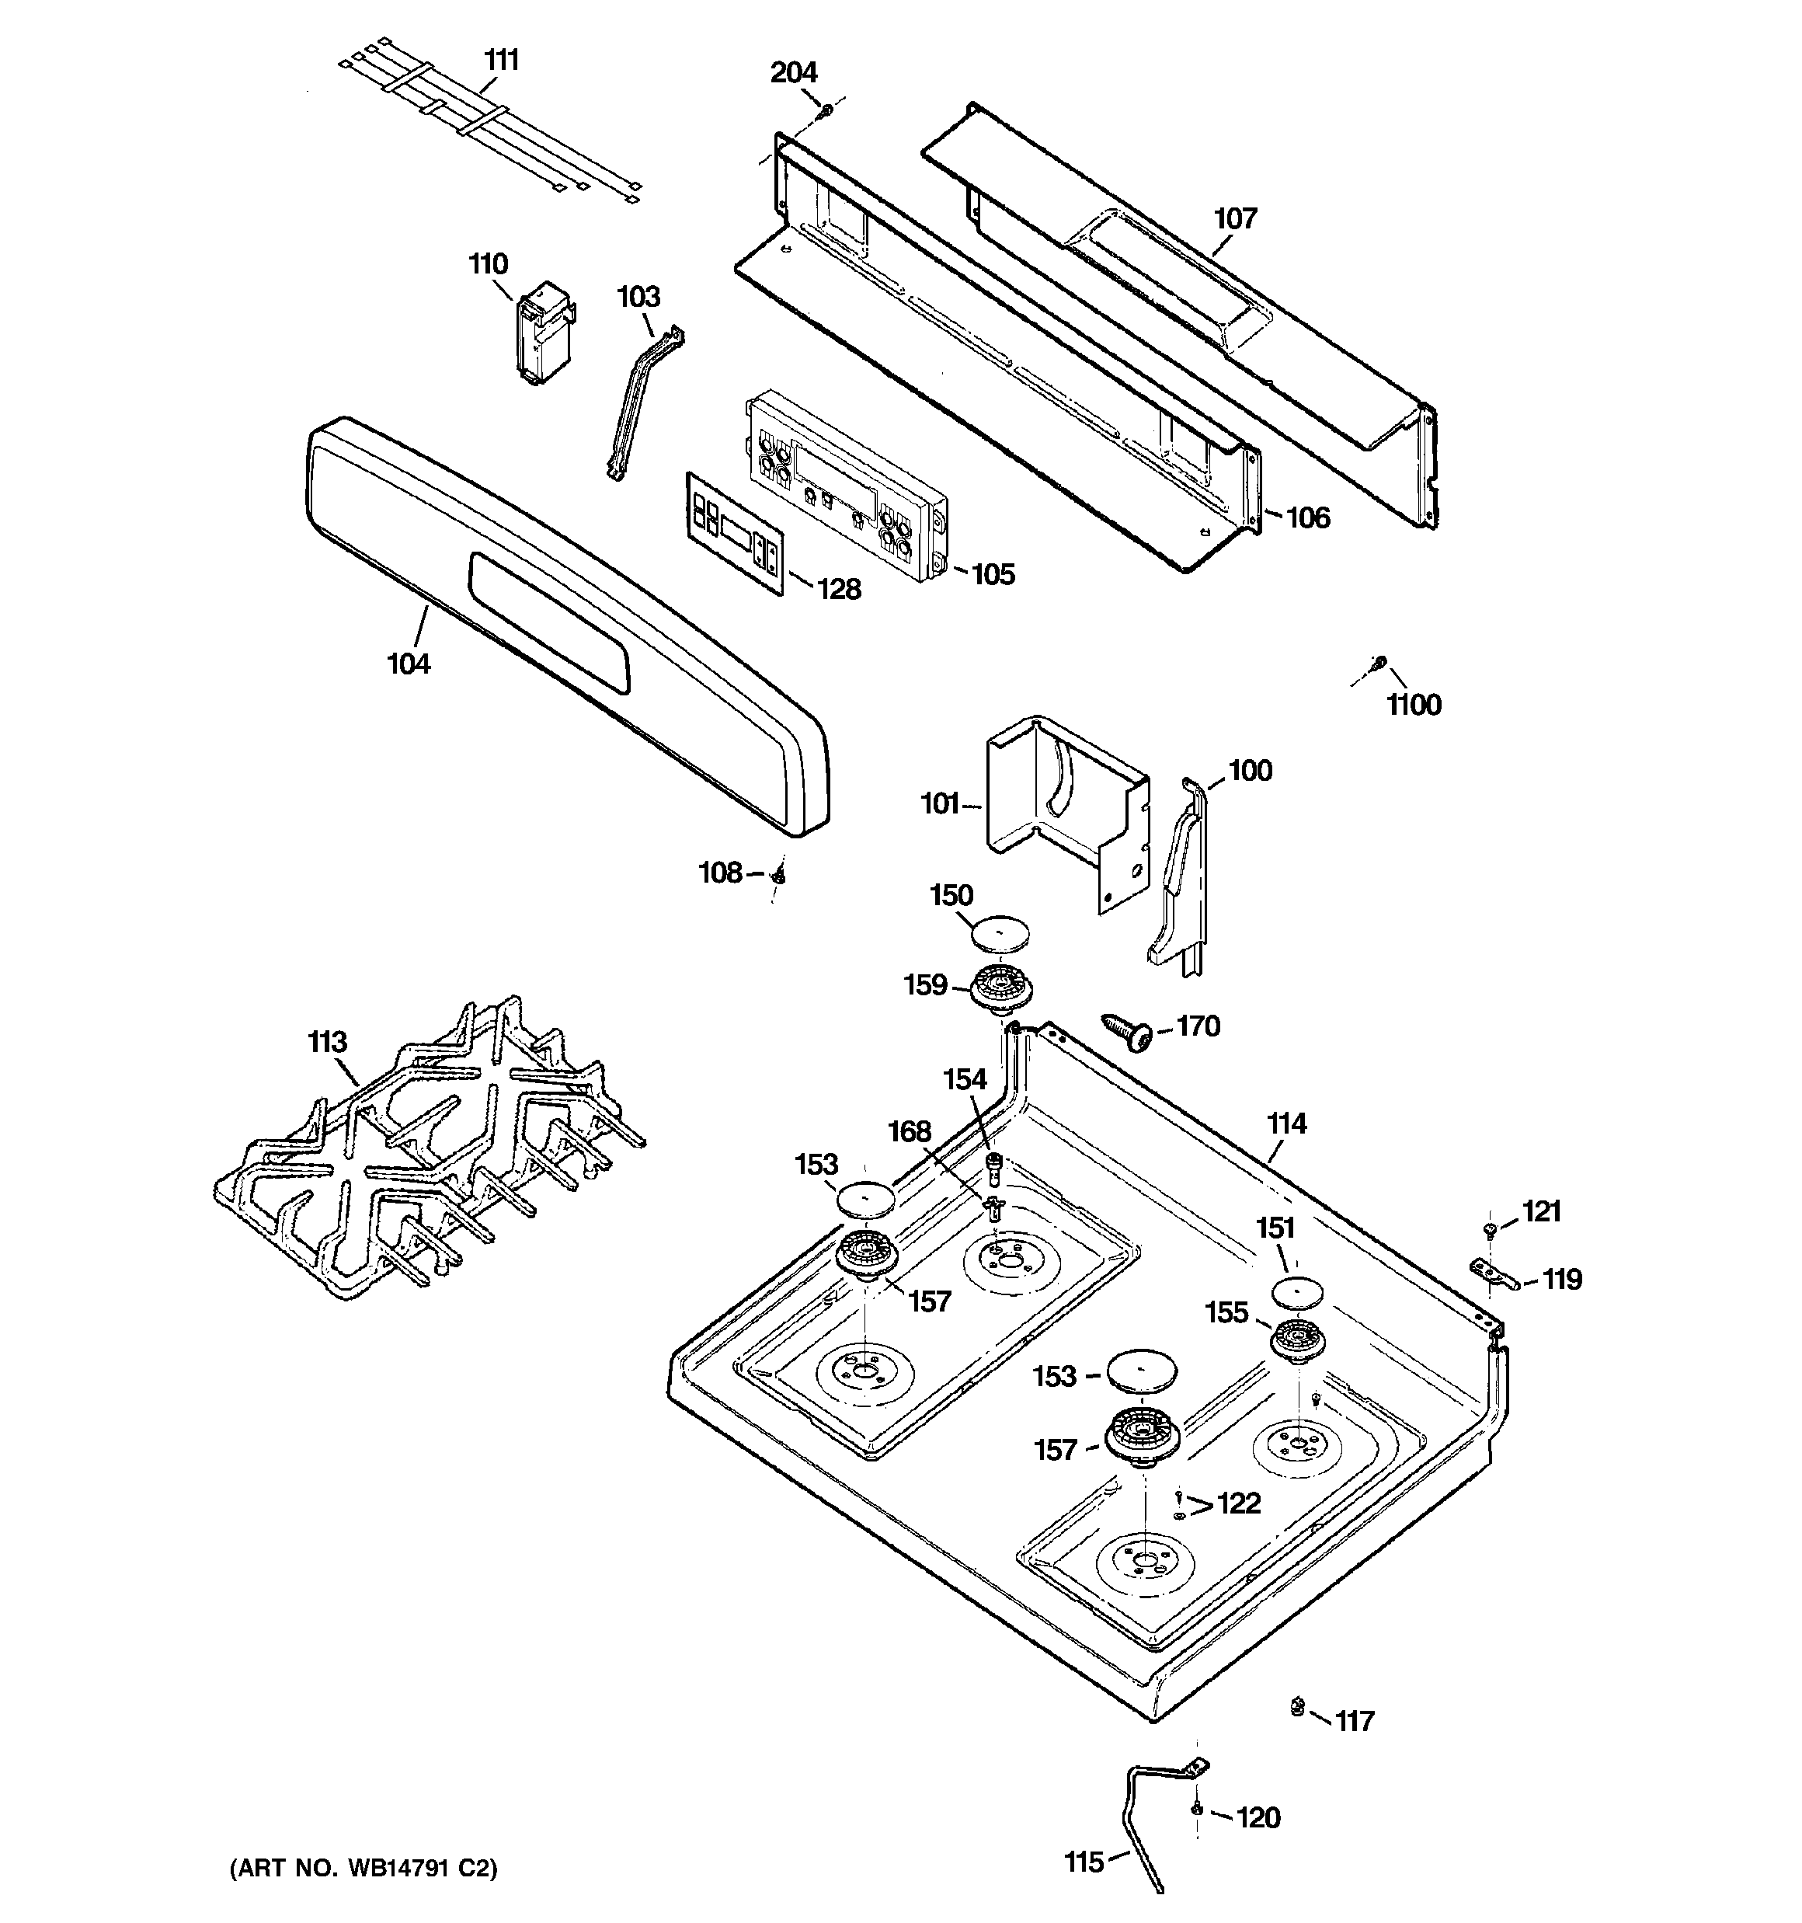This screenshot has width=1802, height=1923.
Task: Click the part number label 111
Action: point(501,61)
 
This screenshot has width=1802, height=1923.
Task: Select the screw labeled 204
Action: point(825,112)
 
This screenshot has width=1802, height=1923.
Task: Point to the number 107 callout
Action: point(1235,218)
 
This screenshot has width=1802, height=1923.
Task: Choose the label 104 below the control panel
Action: point(409,664)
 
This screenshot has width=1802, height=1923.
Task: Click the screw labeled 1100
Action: point(1379,663)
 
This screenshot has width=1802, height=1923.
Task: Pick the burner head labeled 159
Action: point(1001,990)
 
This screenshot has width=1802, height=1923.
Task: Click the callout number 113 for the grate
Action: point(327,1042)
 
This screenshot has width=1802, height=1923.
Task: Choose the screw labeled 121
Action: point(1491,1229)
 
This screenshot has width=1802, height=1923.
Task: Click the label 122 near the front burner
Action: point(1238,1503)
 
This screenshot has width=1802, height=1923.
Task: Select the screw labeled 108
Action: point(778,874)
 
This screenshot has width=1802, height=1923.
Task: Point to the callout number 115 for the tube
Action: point(1084,1861)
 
